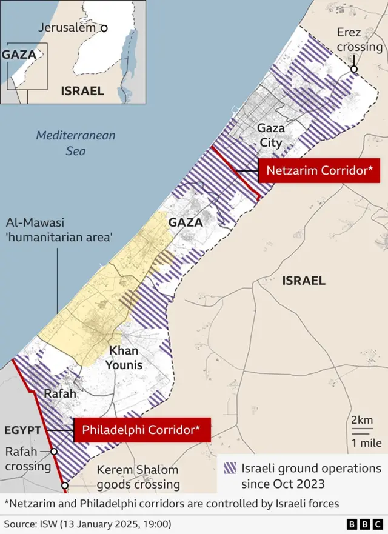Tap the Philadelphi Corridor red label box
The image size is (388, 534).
pos(142,430)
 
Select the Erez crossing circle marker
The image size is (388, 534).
pos(354,70)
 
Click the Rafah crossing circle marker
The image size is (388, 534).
pos(54,452)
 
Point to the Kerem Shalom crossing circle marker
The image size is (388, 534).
pos(65,485)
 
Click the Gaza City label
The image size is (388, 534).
pos(270,136)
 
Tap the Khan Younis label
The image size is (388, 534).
pos(124,358)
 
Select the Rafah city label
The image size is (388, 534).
pos(60,393)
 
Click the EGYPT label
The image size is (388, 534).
pos(22,430)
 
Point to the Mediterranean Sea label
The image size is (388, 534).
pos(75,142)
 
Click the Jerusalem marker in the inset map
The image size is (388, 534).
pos(104,28)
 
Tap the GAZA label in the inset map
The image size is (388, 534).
pos(18,54)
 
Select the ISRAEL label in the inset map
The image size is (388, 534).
pos(82,91)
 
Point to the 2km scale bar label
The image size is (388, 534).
pos(361,421)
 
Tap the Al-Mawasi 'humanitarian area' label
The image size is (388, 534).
pos(59,230)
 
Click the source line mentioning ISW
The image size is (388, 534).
pos(87,523)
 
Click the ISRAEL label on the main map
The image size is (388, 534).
pos(303,281)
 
